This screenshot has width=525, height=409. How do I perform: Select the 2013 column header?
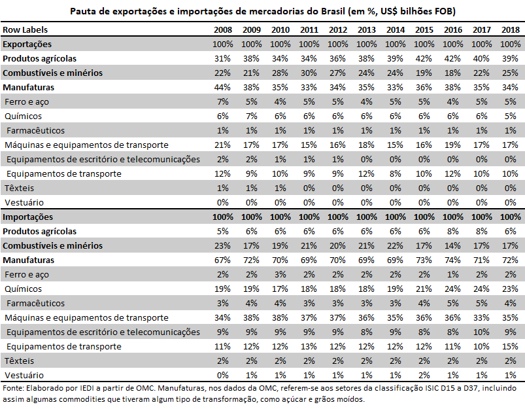point(367,29)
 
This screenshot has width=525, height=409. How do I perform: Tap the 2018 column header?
point(510,29)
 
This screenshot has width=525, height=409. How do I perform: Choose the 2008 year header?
point(223,29)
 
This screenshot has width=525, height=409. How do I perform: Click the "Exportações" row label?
point(27,44)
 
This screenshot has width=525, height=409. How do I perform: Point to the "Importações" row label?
point(27,217)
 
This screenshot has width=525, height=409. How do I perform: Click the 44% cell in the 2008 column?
point(223,87)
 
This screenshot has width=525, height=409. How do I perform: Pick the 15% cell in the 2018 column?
point(511,346)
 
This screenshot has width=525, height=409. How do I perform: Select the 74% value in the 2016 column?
point(453,260)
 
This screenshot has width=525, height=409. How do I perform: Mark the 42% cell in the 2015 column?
point(424,58)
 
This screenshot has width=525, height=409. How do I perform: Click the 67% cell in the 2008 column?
point(223,260)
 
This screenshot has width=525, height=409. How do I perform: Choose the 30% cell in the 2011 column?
point(309,73)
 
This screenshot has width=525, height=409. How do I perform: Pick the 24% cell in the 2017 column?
point(482,289)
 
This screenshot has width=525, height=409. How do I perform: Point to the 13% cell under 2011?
point(309,346)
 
